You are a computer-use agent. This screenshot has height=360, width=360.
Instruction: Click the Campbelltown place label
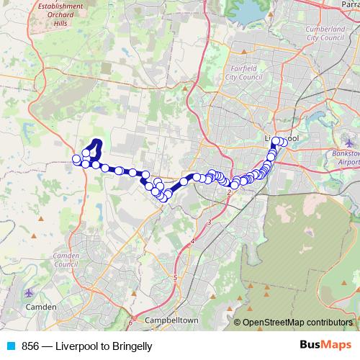pyautogui.click(x=171, y=320)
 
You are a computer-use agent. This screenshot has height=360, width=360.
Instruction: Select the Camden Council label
pyautogui.click(x=66, y=260)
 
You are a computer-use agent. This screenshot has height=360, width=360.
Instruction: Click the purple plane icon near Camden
pyautogui.click(x=29, y=294)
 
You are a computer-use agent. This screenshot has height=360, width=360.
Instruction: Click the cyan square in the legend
pyautogui.click(x=11, y=346)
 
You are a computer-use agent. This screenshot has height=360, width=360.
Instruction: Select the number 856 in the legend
pyautogui.click(x=30, y=346)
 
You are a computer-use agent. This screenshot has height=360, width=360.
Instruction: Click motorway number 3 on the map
pyautogui.click(x=209, y=224)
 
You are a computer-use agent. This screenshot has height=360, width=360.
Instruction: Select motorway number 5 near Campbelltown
pyautogui.click(x=175, y=277)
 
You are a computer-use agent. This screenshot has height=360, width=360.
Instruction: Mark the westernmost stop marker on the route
pyautogui.click(x=76, y=159)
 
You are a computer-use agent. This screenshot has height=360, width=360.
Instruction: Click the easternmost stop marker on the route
pyautogui.click(x=284, y=142)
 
